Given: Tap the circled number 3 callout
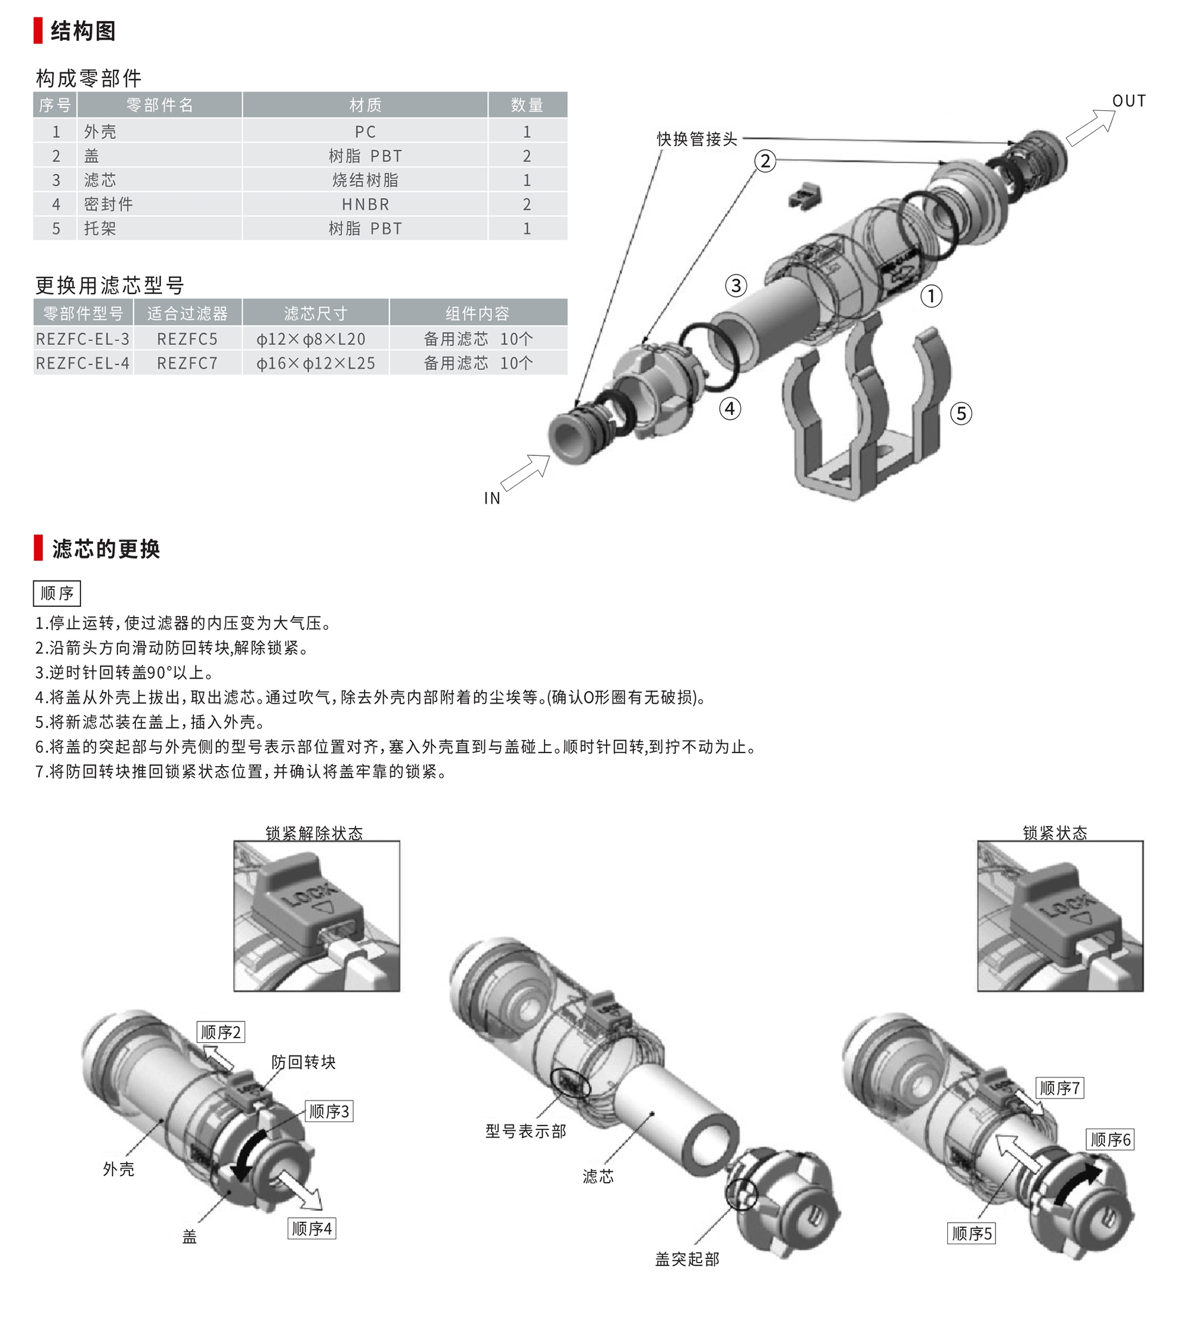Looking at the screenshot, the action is [x=736, y=285].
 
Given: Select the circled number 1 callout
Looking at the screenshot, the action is [x=932, y=296].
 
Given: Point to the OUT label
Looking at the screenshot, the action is [x=1129, y=101].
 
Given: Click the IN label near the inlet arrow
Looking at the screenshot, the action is [x=492, y=498].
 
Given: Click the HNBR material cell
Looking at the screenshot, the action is [x=365, y=205].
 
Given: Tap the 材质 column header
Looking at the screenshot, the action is [x=365, y=105].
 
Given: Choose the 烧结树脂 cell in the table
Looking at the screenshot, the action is [x=365, y=180].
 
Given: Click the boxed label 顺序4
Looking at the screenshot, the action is [x=312, y=1229].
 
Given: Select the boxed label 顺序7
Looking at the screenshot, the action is [x=1060, y=1088].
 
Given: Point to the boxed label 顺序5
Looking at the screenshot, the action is [x=972, y=1233].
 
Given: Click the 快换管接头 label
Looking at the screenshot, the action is [x=697, y=139].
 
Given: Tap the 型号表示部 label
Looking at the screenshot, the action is [x=526, y=1131].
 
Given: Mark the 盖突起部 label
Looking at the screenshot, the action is [x=687, y=1259].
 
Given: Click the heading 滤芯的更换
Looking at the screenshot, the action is [x=106, y=549].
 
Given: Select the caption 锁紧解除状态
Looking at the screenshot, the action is [x=314, y=833].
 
